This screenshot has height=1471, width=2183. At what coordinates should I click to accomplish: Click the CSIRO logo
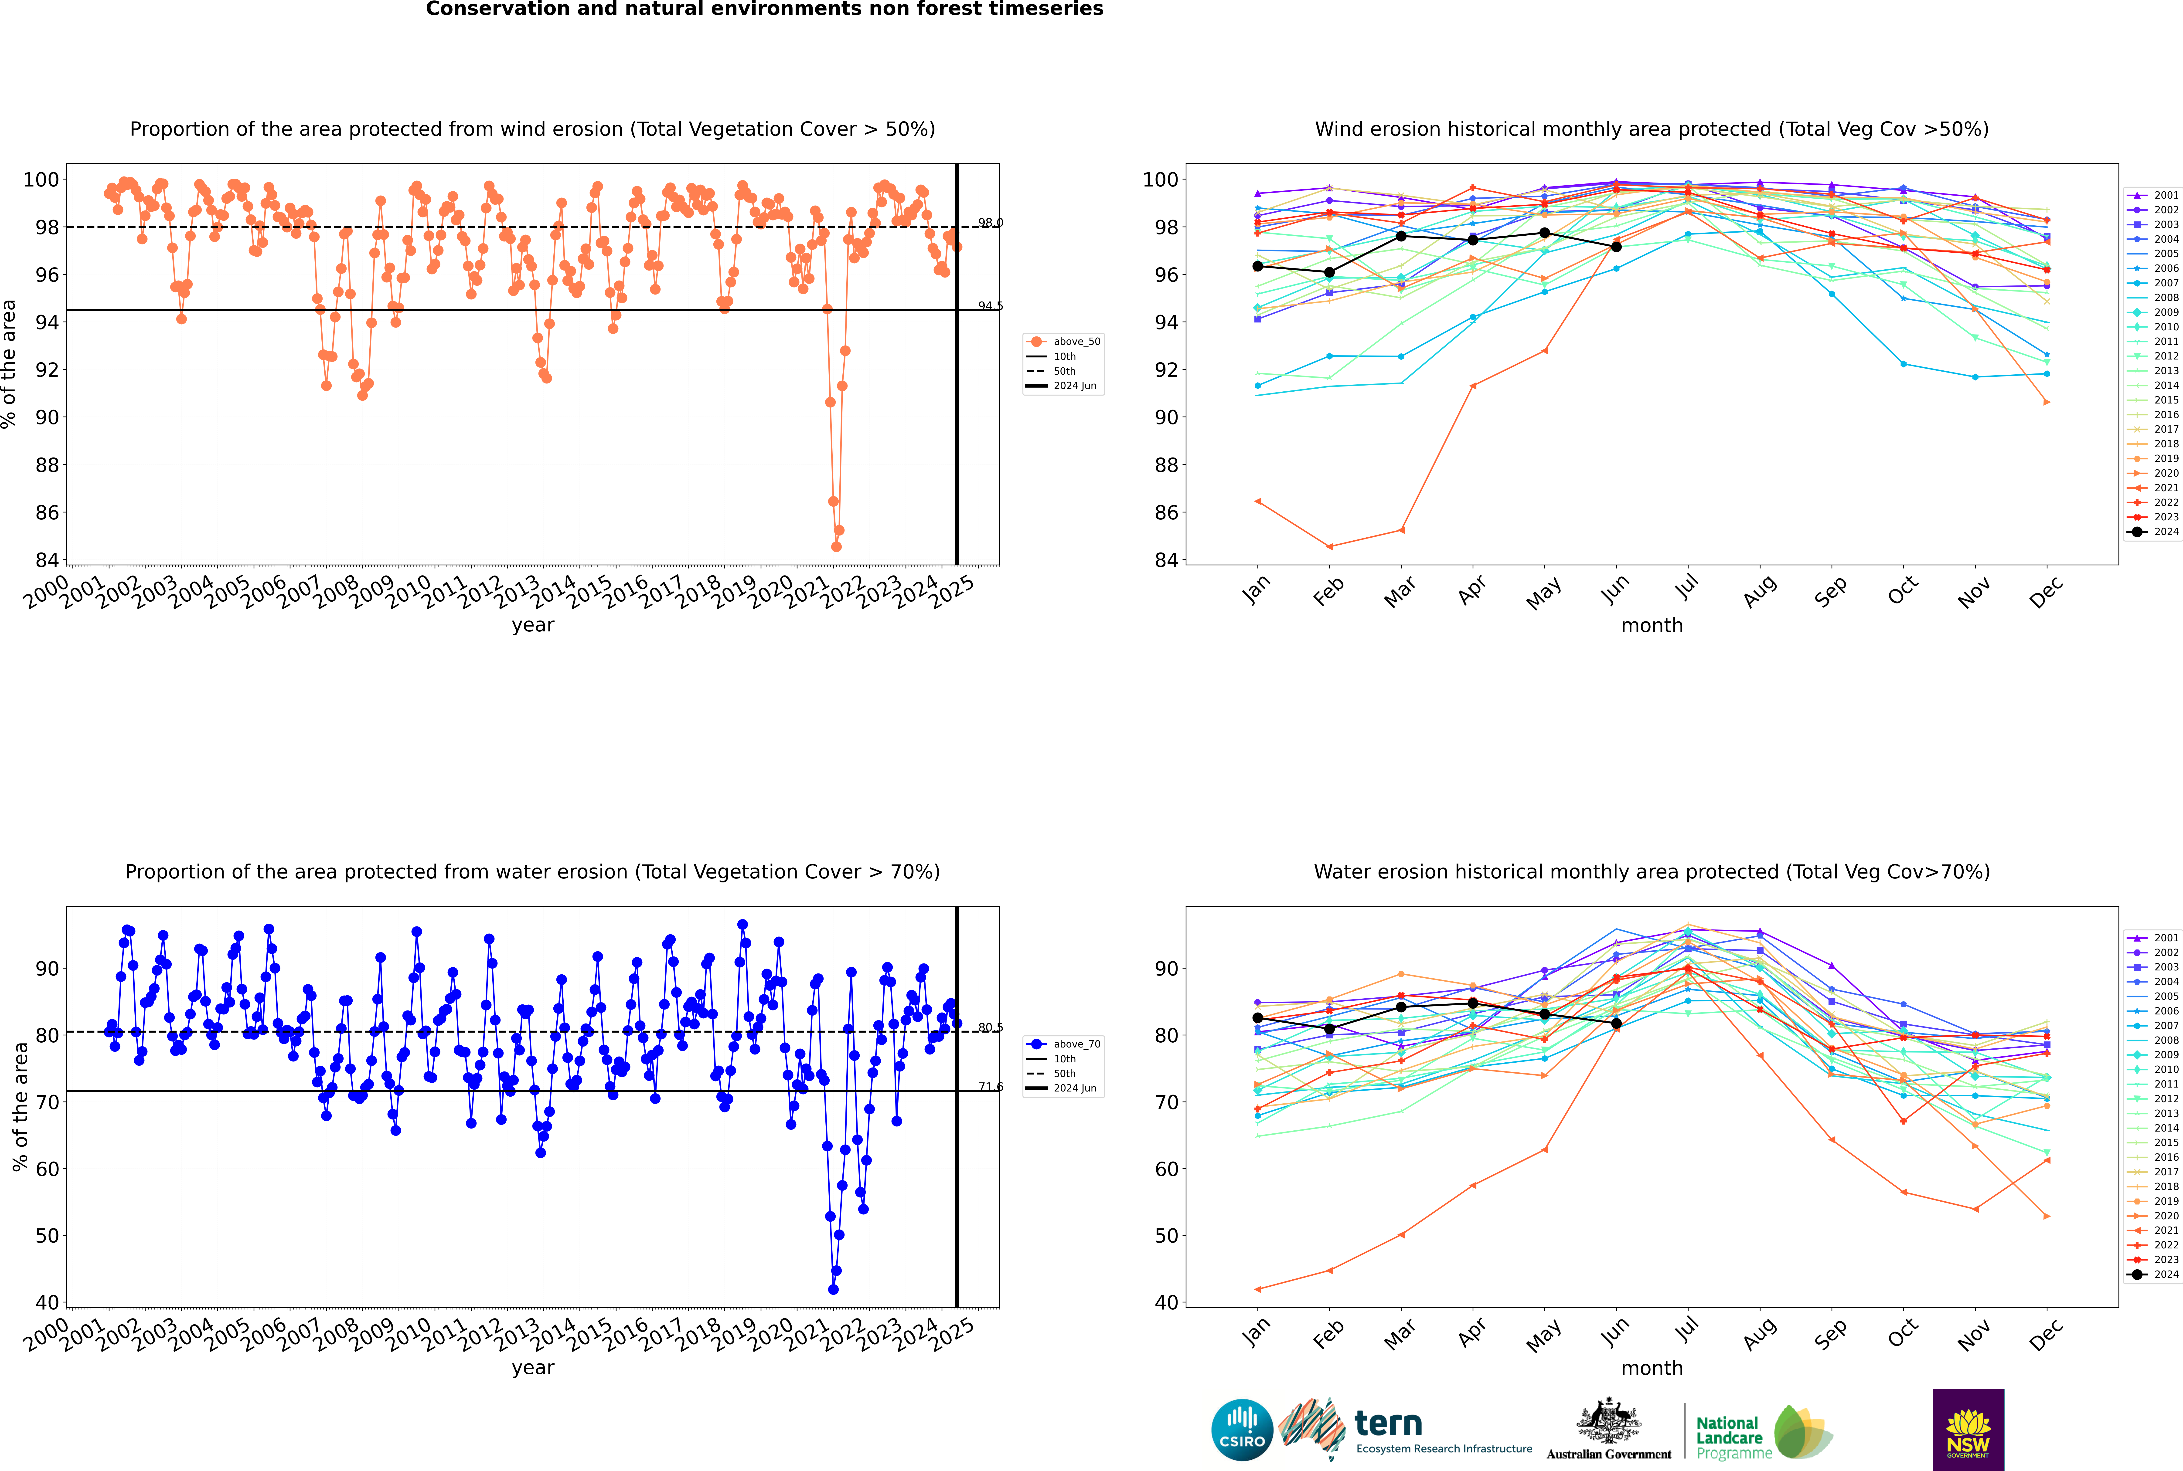(1242, 1430)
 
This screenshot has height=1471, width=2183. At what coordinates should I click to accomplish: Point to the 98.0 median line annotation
(990, 223)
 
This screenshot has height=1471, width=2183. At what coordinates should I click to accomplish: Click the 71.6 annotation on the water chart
(990, 1087)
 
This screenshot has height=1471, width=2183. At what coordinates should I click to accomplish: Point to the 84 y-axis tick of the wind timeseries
(47, 560)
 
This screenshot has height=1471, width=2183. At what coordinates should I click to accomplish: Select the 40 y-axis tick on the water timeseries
(47, 1302)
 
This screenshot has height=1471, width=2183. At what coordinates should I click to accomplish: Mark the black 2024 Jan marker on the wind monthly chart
(1258, 266)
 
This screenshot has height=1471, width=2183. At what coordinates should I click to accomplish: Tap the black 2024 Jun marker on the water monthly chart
(1616, 1024)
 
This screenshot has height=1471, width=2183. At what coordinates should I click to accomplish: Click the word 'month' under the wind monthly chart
(1652, 626)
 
